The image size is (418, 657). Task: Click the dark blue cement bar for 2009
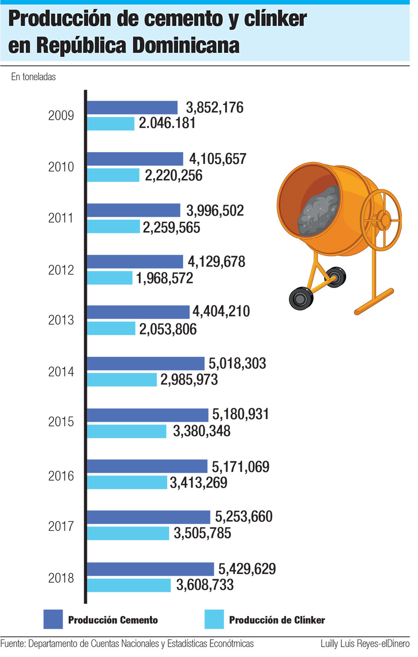click(x=132, y=107)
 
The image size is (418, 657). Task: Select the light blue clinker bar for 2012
click(x=110, y=277)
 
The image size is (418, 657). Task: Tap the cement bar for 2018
click(x=150, y=569)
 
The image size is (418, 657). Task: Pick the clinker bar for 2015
click(x=127, y=431)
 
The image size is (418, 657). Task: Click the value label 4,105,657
click(x=217, y=159)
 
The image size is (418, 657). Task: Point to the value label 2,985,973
click(x=189, y=380)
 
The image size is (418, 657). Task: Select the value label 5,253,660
click(x=243, y=517)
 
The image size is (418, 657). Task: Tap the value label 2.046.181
click(x=167, y=123)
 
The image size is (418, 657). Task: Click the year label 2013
click(x=61, y=320)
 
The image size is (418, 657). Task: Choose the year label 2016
click(x=61, y=476)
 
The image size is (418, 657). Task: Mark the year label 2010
click(x=61, y=167)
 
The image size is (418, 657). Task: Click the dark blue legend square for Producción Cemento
click(x=53, y=619)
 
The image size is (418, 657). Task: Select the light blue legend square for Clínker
click(x=214, y=619)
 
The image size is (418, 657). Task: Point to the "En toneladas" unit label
click(x=33, y=77)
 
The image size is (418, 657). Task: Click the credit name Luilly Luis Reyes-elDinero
click(x=365, y=644)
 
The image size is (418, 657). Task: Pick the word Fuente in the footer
click(x=13, y=644)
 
